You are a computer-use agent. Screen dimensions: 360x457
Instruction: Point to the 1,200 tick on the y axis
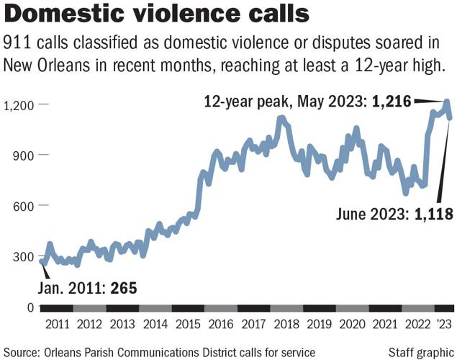pos(19,105)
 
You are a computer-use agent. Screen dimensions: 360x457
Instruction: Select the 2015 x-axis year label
pos(188,324)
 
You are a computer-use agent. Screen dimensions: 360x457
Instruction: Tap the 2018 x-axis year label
pos(286,324)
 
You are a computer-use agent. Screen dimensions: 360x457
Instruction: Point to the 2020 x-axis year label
pos(352,324)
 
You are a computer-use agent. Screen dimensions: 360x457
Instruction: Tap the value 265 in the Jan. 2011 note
pos(125,289)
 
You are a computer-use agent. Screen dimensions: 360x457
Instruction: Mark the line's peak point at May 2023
pos(447,102)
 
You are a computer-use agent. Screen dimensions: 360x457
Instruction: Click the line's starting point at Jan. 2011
pos(42,262)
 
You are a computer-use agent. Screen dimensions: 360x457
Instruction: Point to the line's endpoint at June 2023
pos(450,118)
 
